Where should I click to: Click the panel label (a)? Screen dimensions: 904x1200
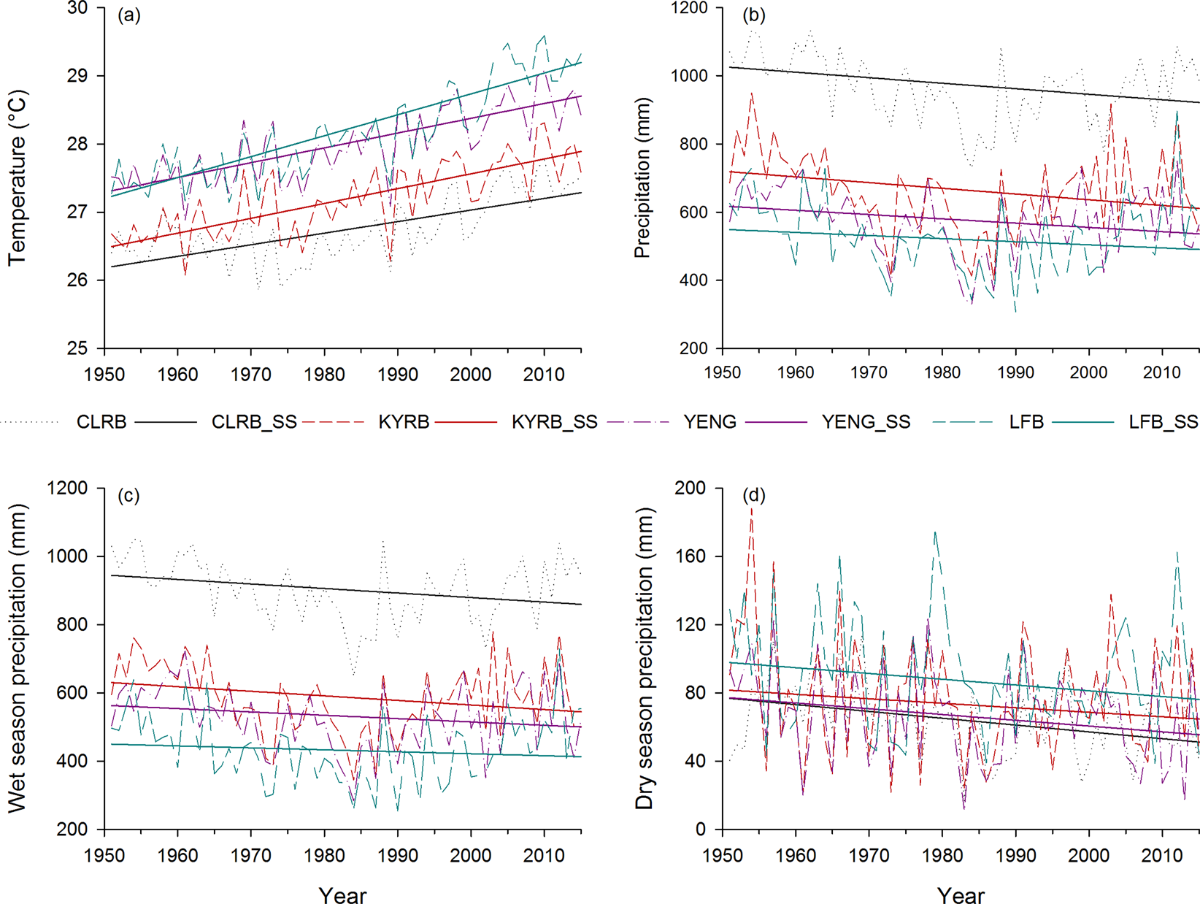(129, 15)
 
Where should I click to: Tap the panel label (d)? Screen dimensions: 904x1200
(753, 496)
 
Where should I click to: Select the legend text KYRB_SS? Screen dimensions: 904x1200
(554, 422)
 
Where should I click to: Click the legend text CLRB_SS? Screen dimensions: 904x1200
(254, 422)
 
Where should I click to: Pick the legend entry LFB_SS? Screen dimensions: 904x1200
(1163, 422)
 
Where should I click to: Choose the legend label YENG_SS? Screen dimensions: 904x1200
(866, 422)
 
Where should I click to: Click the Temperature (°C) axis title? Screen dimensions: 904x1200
(18, 177)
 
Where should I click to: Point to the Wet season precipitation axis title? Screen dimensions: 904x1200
(18, 658)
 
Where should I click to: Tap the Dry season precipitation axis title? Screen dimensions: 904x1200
(644, 658)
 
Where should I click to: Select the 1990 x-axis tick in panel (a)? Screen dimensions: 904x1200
(397, 375)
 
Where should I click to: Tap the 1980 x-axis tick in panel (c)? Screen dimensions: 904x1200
(324, 855)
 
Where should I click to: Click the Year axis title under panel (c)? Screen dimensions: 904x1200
(342, 895)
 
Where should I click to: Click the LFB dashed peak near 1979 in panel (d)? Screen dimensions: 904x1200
(935, 533)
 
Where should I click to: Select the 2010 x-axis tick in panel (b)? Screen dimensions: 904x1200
(1161, 373)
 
